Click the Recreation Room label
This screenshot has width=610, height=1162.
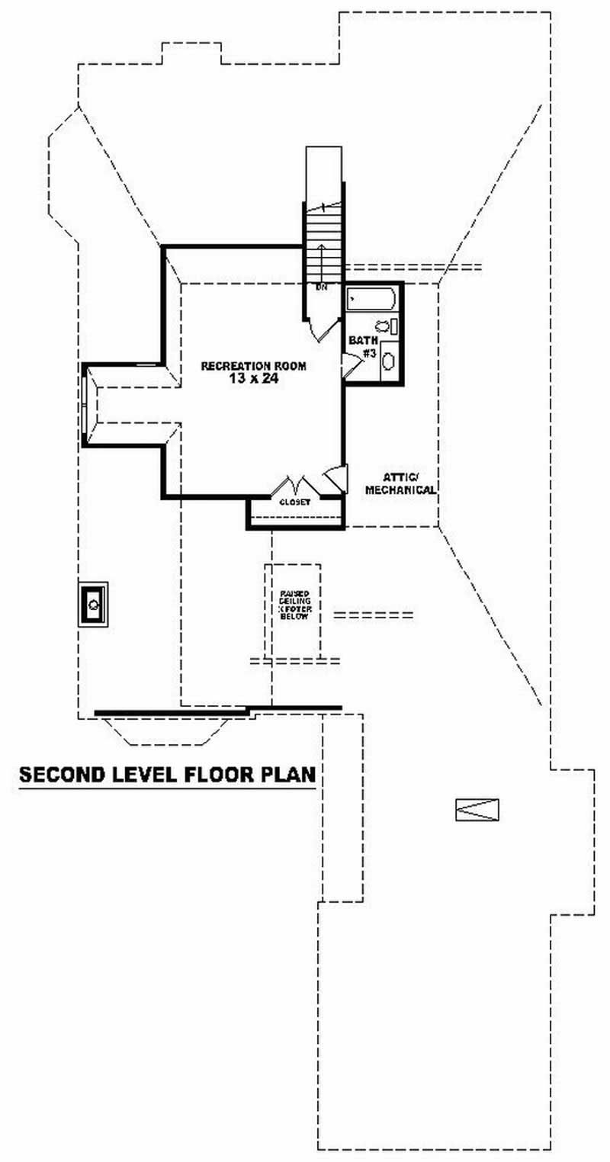click(x=253, y=366)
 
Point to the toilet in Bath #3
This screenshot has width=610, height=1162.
click(x=384, y=326)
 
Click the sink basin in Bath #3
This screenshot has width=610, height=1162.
click(x=388, y=360)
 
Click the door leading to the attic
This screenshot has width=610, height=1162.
click(x=335, y=478)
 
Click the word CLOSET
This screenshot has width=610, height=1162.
click(x=294, y=502)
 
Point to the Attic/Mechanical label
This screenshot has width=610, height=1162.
click(x=400, y=484)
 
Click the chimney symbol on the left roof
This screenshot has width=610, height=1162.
click(x=93, y=604)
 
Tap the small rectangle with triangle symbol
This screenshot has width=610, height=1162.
click(x=477, y=809)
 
